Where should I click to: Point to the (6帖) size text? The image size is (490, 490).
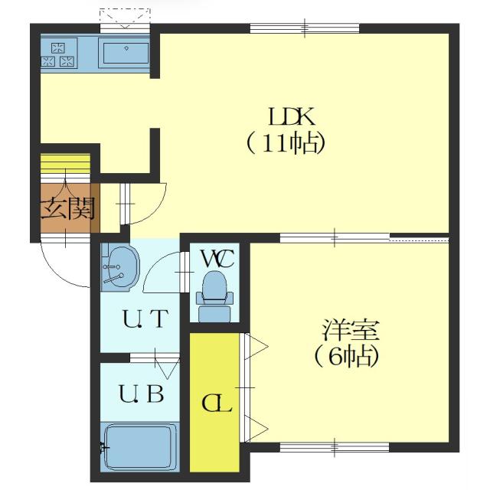(x=346, y=357)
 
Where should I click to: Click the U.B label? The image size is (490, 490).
(x=141, y=395)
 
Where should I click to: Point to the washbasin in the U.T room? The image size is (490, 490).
(x=119, y=267)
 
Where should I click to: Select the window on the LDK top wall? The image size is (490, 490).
(x=305, y=29)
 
